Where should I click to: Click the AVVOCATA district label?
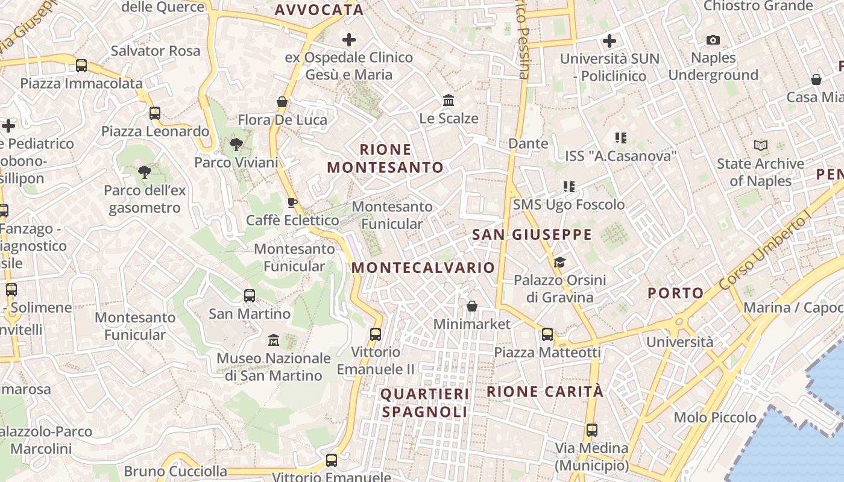pyautogui.click(x=319, y=10)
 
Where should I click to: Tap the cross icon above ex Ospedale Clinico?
pyautogui.click(x=349, y=40)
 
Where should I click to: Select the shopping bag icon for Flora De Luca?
pyautogui.click(x=282, y=102)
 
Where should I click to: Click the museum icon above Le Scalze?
pyautogui.click(x=449, y=100)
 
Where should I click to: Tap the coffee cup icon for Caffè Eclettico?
pyautogui.click(x=292, y=202)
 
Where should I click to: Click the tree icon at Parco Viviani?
pyautogui.click(x=236, y=144)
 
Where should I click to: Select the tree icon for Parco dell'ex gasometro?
pyautogui.click(x=145, y=173)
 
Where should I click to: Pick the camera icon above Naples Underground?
pyautogui.click(x=713, y=40)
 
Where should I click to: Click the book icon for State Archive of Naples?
pyautogui.click(x=761, y=146)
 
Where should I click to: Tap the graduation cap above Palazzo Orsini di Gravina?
pyautogui.click(x=560, y=262)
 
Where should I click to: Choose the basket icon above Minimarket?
pyautogui.click(x=472, y=307)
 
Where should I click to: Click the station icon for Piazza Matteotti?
pyautogui.click(x=547, y=334)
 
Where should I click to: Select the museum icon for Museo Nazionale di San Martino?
pyautogui.click(x=274, y=340)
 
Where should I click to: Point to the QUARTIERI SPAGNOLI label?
pyautogui.click(x=425, y=403)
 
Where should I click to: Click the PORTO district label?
pyautogui.click(x=675, y=293)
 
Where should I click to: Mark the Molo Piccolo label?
pyautogui.click(x=715, y=418)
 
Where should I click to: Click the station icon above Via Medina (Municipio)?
pyautogui.click(x=592, y=430)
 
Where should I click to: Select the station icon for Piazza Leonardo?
pyautogui.click(x=155, y=113)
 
